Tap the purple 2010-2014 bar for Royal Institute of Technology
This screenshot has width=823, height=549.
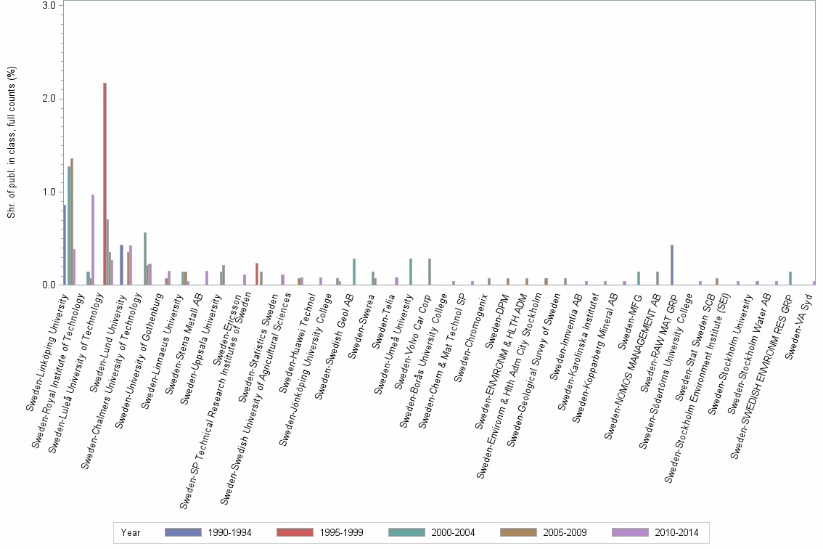point(93,240)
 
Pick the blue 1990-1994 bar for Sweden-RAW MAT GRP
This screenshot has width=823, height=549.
point(672,265)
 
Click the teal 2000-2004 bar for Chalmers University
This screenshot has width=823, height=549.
point(145,259)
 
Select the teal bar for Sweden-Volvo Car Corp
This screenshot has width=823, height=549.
point(430,272)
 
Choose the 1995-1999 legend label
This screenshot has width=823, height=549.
point(341,532)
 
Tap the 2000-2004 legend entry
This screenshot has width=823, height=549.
point(453,532)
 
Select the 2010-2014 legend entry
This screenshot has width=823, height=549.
point(676,532)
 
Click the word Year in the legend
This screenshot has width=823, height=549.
point(131,532)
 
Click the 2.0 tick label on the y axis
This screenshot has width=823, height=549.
point(50,99)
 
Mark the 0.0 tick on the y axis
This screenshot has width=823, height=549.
point(50,285)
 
